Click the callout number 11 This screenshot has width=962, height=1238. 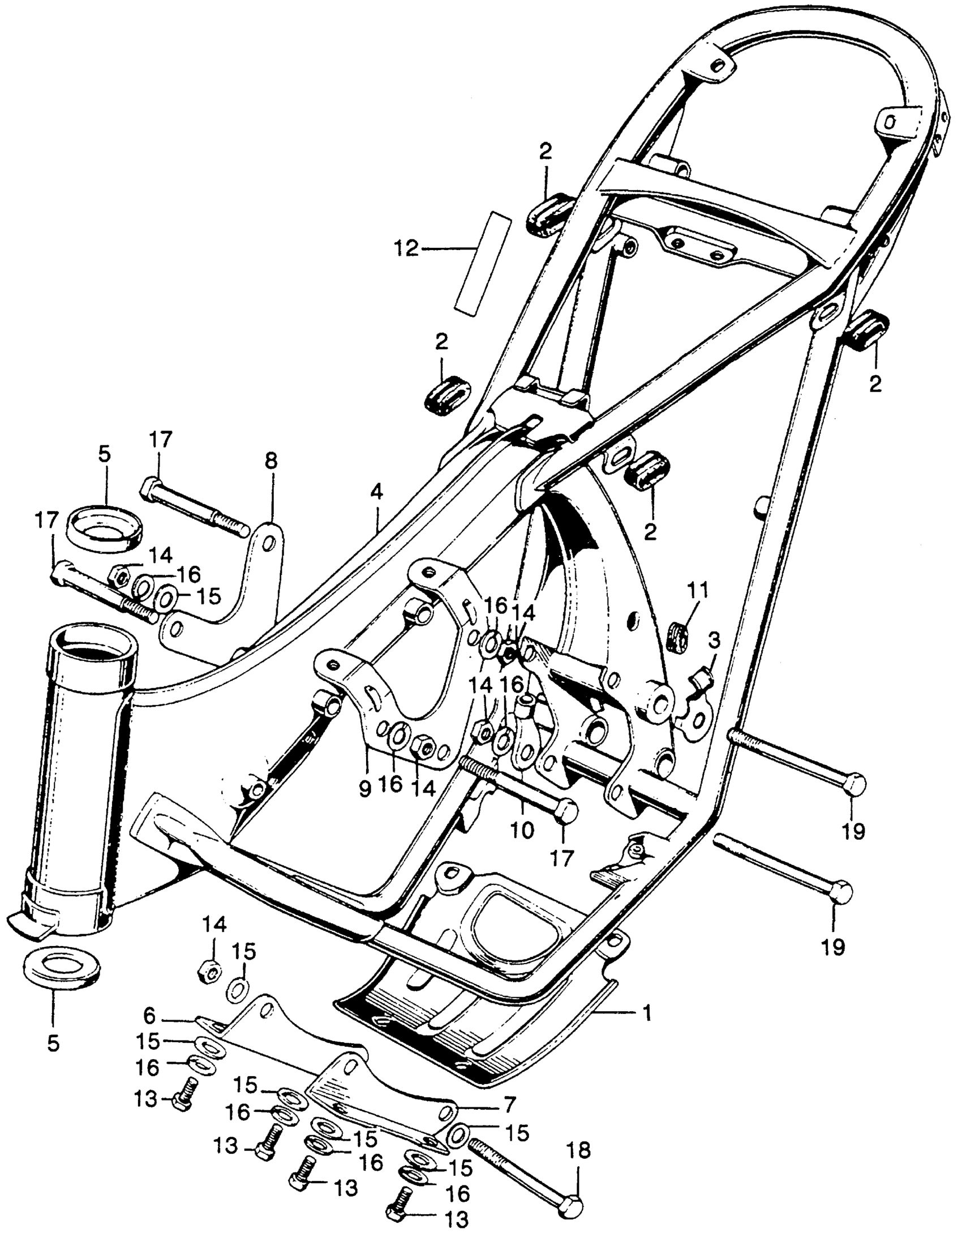698,591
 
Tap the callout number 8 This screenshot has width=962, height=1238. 271,461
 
